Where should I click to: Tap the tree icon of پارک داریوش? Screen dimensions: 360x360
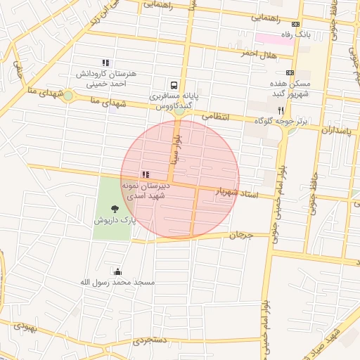(x=115, y=208)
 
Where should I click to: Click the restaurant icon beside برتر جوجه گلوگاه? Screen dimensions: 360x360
(x=281, y=110)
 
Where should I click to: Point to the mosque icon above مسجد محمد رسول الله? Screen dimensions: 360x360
(x=117, y=271)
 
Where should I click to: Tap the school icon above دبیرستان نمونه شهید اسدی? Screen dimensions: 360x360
(x=146, y=174)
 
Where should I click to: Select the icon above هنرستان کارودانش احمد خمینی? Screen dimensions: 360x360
(x=105, y=63)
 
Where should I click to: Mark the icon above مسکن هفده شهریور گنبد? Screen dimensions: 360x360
(x=290, y=72)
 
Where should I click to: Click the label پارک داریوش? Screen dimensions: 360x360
(x=114, y=220)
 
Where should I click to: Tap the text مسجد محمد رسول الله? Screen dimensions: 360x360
(x=117, y=282)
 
